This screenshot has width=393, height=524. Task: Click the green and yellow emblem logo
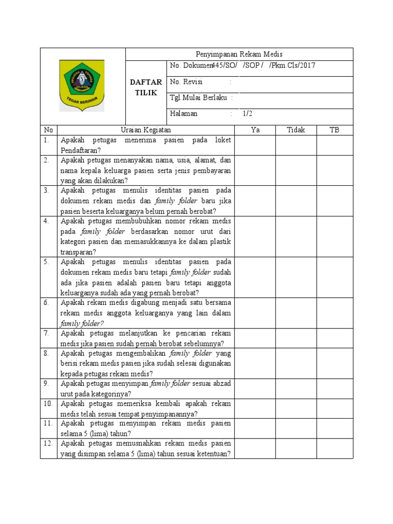(x=82, y=85)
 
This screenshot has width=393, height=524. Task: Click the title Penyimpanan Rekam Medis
(x=239, y=54)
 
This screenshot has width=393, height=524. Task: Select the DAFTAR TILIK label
(x=146, y=86)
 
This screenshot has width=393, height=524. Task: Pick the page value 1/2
(x=248, y=114)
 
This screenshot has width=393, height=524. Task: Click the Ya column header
(x=255, y=129)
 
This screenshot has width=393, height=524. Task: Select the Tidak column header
(x=296, y=129)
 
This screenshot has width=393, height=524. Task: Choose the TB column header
(x=335, y=129)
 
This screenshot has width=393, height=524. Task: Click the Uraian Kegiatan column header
(x=145, y=129)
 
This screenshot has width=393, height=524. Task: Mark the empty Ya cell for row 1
(x=255, y=145)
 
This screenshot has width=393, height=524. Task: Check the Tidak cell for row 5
(x=296, y=277)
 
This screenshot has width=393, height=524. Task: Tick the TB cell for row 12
(x=335, y=448)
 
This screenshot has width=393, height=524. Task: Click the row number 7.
(x=47, y=333)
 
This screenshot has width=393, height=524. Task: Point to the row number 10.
(x=48, y=404)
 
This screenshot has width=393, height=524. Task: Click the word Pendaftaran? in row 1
(x=80, y=150)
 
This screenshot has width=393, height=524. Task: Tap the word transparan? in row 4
(x=78, y=252)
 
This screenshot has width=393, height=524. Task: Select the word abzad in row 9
(x=222, y=383)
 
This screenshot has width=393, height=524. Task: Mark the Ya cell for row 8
(x=255, y=363)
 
